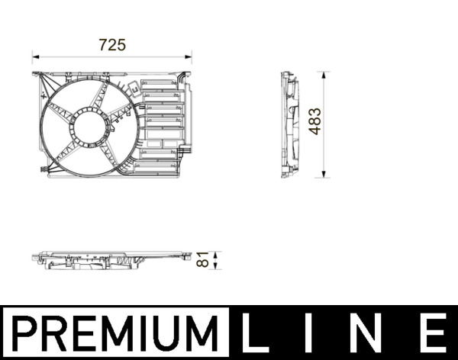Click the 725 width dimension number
click(112, 45)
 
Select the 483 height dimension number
click(314, 121)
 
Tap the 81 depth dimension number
click(203, 259)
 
